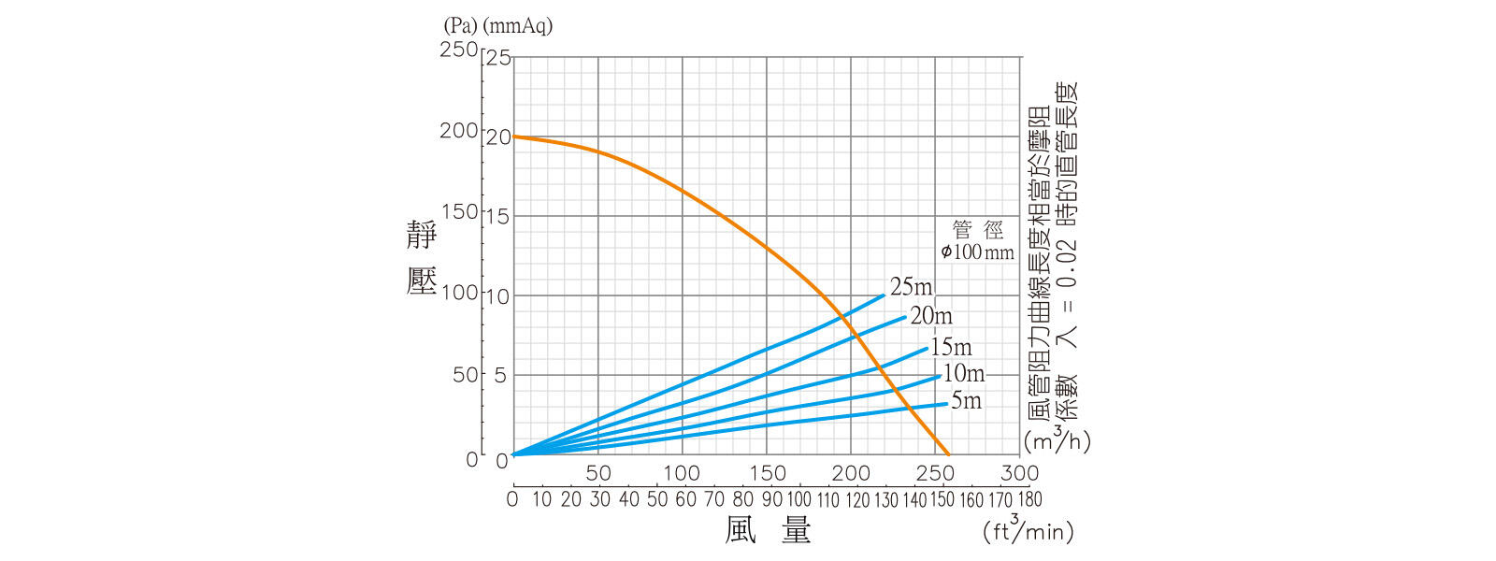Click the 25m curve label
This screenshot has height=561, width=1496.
911,287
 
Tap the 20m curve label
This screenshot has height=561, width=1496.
931,316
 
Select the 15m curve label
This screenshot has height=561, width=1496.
951,348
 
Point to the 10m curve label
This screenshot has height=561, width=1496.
963,374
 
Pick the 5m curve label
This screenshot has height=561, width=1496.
966,401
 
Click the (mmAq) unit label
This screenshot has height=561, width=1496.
517,26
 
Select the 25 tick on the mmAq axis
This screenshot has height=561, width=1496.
498,58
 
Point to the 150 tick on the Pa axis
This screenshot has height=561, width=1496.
458,210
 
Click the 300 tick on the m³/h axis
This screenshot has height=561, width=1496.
1018,473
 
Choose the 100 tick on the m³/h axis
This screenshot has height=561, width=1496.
682,473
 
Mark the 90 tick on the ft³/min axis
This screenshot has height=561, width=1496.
771,499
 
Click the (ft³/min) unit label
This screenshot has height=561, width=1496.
1028,530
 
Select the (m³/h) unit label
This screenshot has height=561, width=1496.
1057,439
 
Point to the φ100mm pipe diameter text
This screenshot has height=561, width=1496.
977,252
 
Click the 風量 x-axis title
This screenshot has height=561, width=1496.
769,530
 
